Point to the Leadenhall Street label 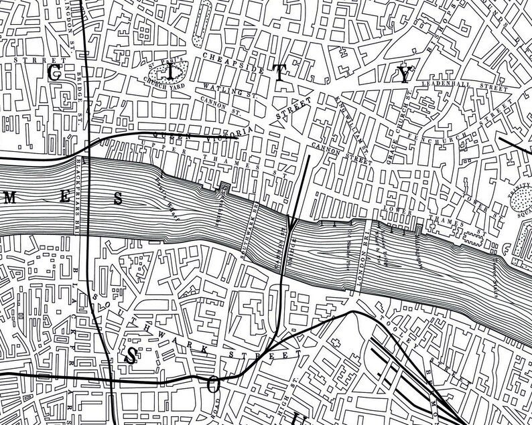coord(469,85)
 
